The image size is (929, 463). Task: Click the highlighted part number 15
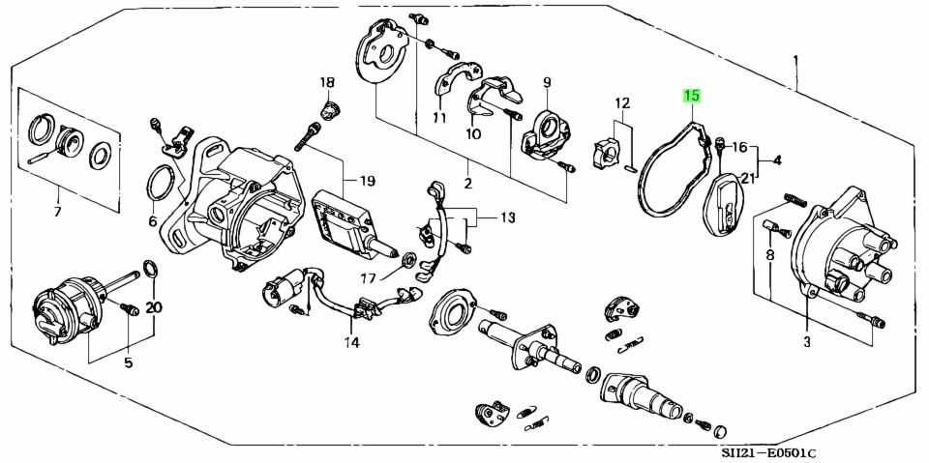(x=692, y=96)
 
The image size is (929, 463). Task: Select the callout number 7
(x=56, y=212)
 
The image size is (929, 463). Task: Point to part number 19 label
(x=367, y=181)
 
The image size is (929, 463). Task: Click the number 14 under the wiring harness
(x=350, y=342)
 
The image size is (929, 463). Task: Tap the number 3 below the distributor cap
(x=807, y=341)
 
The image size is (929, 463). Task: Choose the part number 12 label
(x=621, y=103)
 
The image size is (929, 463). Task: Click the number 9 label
(x=546, y=82)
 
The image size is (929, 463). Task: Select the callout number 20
(x=154, y=307)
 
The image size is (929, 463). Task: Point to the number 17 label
(x=369, y=279)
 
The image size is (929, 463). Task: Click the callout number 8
(x=770, y=255)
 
